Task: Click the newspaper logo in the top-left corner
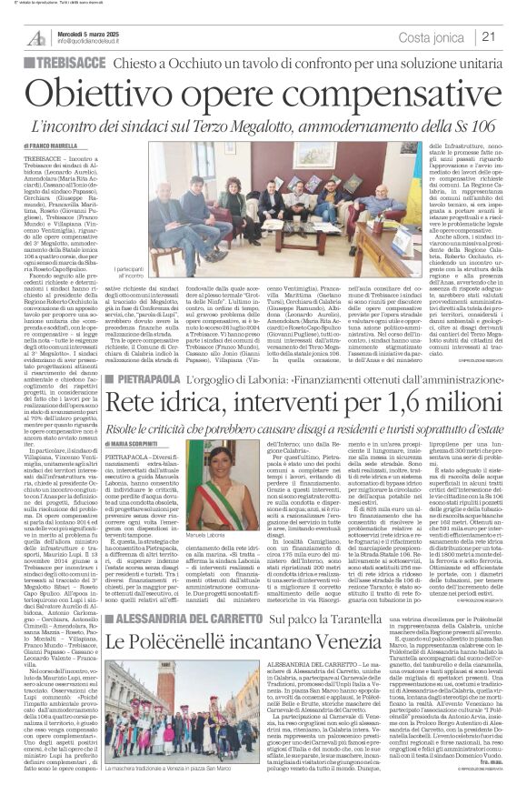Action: (x=36, y=36)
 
